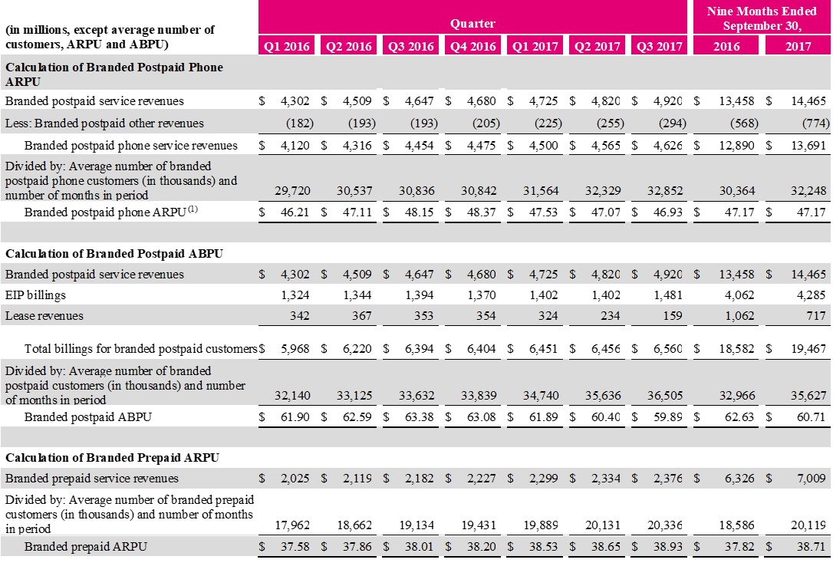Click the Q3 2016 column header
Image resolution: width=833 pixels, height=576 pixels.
click(x=410, y=46)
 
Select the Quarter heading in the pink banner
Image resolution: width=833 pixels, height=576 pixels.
click(x=472, y=24)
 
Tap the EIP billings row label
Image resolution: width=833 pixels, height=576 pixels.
click(x=35, y=295)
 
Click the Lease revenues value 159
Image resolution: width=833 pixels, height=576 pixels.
click(x=673, y=315)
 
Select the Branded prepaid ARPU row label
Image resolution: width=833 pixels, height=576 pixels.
click(x=86, y=547)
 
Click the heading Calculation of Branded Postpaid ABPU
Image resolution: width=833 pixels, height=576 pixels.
click(x=114, y=254)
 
